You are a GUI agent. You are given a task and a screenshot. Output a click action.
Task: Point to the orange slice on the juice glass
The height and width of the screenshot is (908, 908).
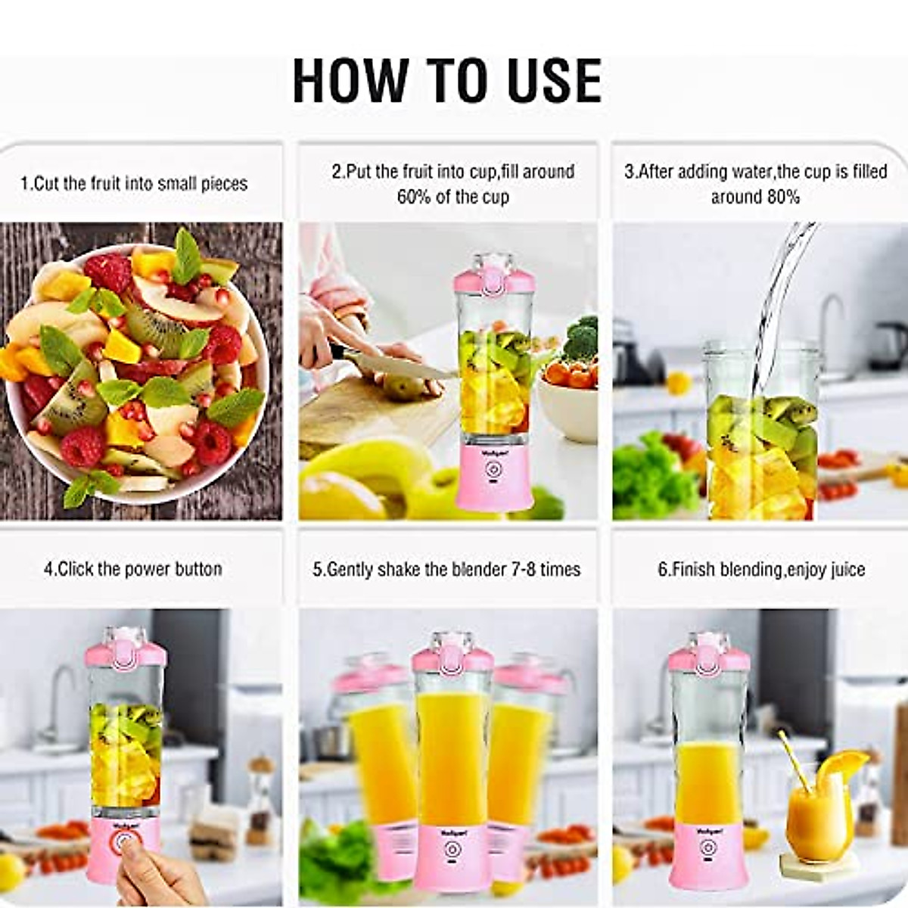click(x=844, y=768)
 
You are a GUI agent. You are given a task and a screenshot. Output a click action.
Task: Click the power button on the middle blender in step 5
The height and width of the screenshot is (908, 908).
click(x=452, y=850)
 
